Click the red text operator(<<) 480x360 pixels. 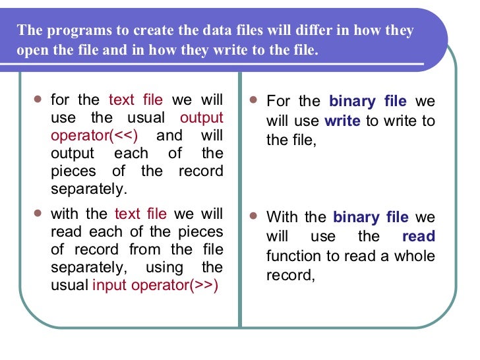point(94,136)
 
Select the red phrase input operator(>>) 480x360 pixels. point(155,285)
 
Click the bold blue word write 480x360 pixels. point(343,121)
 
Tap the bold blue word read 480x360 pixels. point(419,237)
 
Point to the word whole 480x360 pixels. point(415,256)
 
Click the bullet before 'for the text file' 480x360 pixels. point(37,99)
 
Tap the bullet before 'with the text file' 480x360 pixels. point(37,213)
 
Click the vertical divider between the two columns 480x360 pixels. point(240,198)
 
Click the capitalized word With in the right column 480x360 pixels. point(284,218)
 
